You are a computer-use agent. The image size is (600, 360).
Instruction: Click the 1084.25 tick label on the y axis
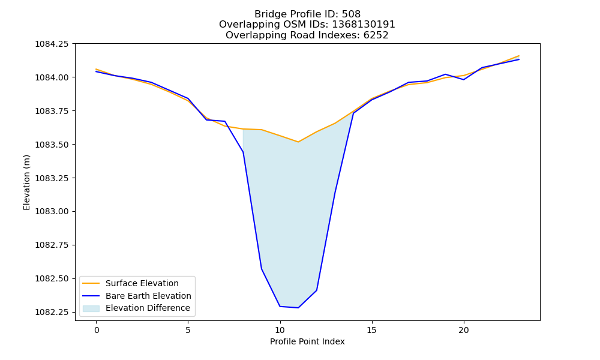tap(52, 44)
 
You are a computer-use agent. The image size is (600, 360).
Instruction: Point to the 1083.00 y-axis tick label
tap(52, 212)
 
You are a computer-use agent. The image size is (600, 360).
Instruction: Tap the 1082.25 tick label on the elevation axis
tap(52, 312)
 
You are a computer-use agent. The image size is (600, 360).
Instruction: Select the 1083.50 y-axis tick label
tap(52, 145)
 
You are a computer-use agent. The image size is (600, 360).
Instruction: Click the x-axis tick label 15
tap(371, 330)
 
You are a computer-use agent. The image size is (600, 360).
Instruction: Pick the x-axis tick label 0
tap(97, 330)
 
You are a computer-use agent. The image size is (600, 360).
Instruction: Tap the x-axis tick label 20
tap(463, 330)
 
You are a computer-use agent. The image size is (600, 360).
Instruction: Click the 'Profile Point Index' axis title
tap(307, 341)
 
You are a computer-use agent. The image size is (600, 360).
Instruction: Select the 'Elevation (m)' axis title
tap(26, 182)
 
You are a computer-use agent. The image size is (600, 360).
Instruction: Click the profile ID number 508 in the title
tap(351, 14)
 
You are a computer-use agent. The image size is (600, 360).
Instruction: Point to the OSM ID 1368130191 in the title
tap(363, 25)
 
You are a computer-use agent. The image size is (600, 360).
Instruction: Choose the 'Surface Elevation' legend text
tap(142, 283)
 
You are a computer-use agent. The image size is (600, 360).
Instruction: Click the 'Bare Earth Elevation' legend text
tap(148, 296)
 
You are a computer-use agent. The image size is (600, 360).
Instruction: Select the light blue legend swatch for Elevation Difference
tap(91, 308)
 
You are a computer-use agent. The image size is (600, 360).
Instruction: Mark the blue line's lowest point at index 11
tap(298, 308)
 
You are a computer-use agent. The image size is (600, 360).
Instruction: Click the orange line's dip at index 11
tap(298, 142)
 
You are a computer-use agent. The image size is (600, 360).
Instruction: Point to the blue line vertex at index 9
tap(262, 269)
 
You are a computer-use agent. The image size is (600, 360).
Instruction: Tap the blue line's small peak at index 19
tap(445, 74)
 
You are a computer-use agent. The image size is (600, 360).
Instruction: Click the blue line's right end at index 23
tap(519, 59)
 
